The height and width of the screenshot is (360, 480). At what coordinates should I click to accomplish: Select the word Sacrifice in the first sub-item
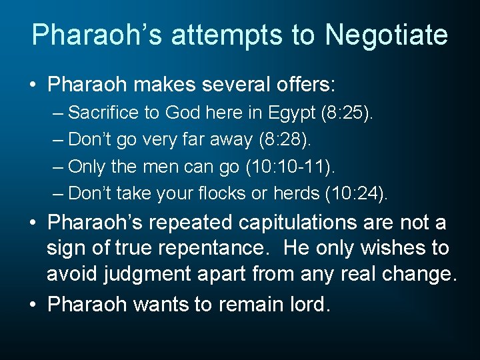103,113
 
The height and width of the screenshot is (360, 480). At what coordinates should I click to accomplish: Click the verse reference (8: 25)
355,113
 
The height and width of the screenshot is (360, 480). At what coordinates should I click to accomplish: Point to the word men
160,167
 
